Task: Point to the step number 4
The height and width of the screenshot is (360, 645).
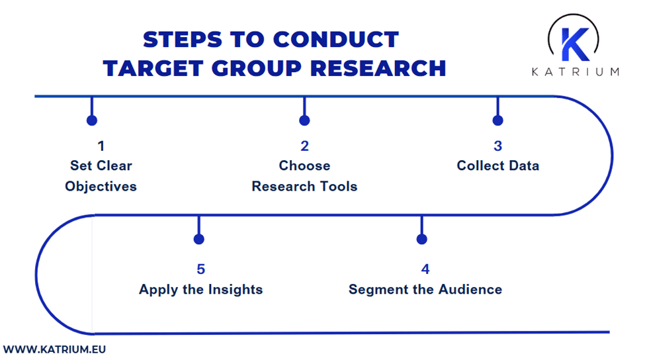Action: [x=425, y=269]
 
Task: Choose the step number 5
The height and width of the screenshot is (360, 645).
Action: [x=200, y=269]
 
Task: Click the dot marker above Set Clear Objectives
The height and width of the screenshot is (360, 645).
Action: [x=92, y=120]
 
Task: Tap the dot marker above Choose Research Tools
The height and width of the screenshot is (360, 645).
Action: [x=304, y=120]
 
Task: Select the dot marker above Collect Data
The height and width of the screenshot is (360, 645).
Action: [x=497, y=120]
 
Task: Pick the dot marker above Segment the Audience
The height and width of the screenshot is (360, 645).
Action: [x=422, y=239]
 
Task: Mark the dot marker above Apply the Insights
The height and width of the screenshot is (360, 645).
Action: [x=198, y=239]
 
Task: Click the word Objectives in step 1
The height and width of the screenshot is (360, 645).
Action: [x=101, y=186]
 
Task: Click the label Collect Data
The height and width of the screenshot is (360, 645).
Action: [x=497, y=165]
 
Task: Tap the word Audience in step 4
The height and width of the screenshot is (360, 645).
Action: [x=470, y=289]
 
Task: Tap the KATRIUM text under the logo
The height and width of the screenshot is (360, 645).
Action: [x=575, y=71]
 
